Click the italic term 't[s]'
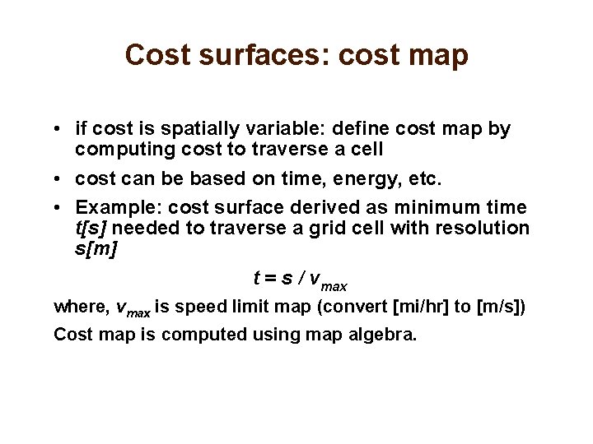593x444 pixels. click(91, 228)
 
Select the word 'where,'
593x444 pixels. click(81, 308)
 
